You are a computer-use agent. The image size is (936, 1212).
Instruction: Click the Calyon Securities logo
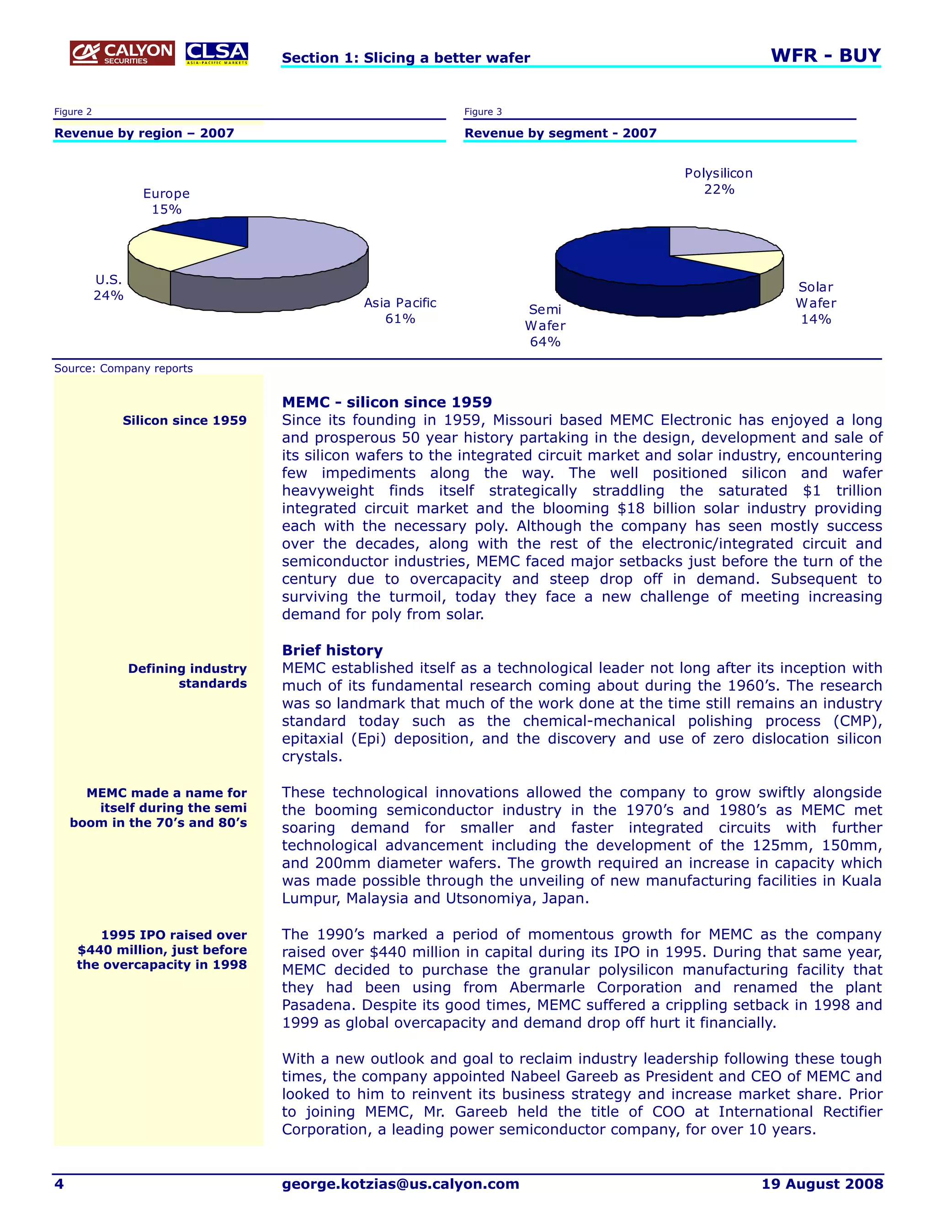[122, 53]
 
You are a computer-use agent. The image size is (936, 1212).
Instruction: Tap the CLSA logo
[217, 53]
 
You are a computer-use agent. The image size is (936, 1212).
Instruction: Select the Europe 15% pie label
[166, 201]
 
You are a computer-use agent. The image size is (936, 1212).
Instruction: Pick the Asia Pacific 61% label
[400, 311]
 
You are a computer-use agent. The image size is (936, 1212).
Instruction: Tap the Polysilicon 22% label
[718, 181]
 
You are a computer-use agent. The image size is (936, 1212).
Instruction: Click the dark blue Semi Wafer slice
[621, 261]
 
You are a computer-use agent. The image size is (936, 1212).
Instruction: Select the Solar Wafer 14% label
[816, 303]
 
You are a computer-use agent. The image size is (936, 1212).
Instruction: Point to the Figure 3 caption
[483, 112]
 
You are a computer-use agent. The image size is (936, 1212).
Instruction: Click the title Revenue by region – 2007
[144, 133]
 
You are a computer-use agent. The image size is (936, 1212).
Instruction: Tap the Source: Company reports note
[123, 369]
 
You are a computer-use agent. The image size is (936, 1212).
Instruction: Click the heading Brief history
[332, 650]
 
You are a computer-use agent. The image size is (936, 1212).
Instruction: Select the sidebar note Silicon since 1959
[185, 421]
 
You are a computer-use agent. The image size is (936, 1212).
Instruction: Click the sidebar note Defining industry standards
[187, 676]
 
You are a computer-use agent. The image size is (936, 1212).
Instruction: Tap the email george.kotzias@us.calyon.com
[400, 1184]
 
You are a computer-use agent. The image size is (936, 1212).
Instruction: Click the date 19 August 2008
[822, 1184]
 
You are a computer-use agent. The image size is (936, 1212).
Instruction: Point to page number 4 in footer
[59, 1184]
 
